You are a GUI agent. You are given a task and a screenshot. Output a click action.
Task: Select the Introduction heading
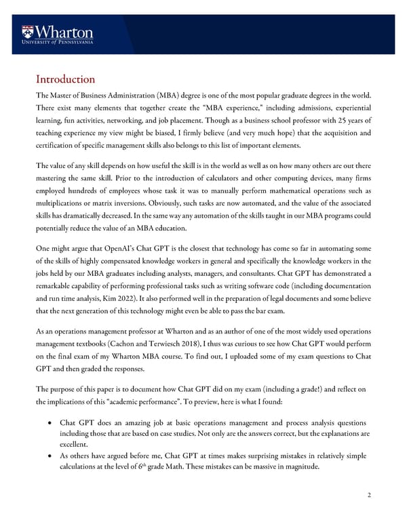65,79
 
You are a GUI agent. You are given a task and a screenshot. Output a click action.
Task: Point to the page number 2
368,495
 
